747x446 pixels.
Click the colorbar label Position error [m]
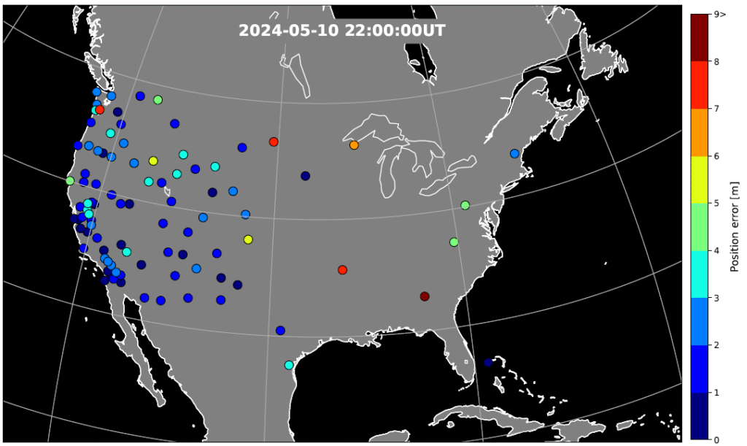[735, 226]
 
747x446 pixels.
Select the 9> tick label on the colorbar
[721, 14]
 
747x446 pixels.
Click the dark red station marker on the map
[425, 296]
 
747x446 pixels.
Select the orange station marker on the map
[354, 145]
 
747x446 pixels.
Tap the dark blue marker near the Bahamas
[488, 362]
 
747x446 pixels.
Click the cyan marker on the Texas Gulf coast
[289, 365]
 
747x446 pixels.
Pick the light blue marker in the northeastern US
[514, 153]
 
